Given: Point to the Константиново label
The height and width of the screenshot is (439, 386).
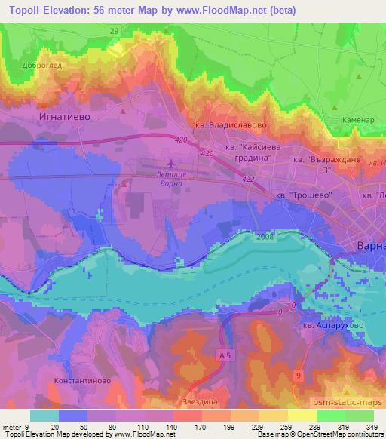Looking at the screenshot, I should [82, 381].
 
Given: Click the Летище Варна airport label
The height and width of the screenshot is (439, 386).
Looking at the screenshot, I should [170, 178].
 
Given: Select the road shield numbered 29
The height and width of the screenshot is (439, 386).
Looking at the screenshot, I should [113, 30].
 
